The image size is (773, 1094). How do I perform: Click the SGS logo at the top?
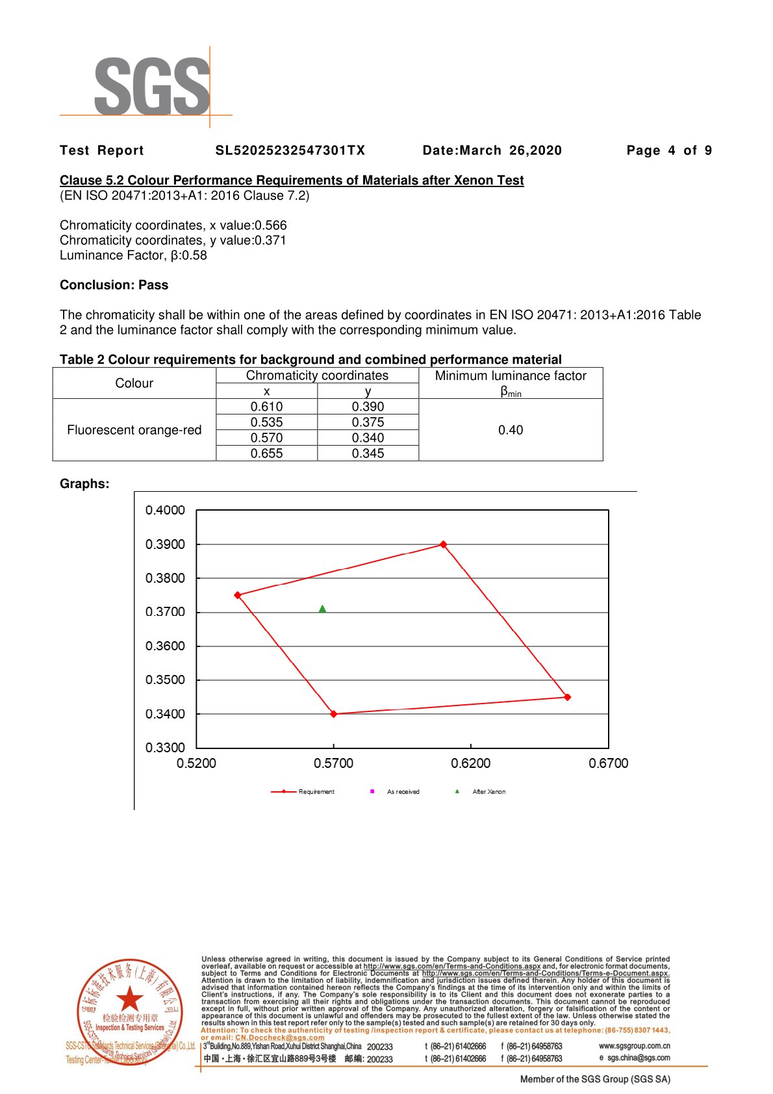152,86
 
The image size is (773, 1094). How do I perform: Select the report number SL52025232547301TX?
290,151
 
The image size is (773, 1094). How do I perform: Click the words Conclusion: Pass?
114,285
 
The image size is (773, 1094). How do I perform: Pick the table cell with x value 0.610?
266,407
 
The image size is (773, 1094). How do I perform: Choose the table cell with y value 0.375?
368,422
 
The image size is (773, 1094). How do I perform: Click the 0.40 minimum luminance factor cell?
511,430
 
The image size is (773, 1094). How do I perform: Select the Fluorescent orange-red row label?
134,430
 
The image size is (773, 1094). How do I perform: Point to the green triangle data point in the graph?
323,609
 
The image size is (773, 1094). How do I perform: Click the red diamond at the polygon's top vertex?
444,544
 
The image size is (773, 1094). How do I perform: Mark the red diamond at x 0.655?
568,697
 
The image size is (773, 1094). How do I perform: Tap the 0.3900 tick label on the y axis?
165,544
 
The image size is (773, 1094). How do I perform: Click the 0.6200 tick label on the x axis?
471,763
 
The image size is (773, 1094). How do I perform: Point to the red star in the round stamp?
130,999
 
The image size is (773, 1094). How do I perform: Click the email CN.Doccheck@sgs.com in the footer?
279,1037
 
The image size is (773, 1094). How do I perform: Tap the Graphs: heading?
84,484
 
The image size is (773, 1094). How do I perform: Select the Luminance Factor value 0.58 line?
133,255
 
